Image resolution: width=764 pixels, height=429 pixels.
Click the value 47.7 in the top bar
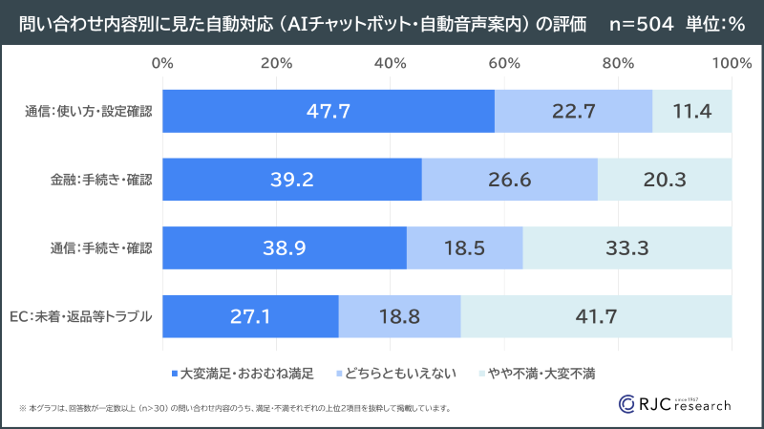(329, 111)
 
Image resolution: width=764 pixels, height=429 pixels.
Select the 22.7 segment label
(573, 111)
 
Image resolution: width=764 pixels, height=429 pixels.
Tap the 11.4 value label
(691, 111)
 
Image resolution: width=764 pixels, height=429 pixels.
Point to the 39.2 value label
(292, 180)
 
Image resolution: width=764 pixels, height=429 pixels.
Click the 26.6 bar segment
(509, 180)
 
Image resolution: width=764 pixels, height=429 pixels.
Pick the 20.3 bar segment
(665, 180)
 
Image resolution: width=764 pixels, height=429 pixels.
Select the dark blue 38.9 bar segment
(285, 248)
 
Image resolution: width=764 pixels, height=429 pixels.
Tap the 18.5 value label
(464, 248)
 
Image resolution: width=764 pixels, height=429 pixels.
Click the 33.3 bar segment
(626, 248)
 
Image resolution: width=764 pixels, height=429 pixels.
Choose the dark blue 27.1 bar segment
(250, 316)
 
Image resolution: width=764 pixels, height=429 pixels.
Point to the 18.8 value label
(399, 316)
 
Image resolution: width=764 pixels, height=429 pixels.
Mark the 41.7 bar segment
(596, 316)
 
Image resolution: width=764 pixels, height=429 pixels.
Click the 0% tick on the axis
(162, 63)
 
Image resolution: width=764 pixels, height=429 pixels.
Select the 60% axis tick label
(503, 63)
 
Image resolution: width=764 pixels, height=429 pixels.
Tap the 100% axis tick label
(731, 63)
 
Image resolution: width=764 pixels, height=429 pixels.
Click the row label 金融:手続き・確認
(101, 180)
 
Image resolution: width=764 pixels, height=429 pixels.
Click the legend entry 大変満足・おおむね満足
(246, 371)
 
